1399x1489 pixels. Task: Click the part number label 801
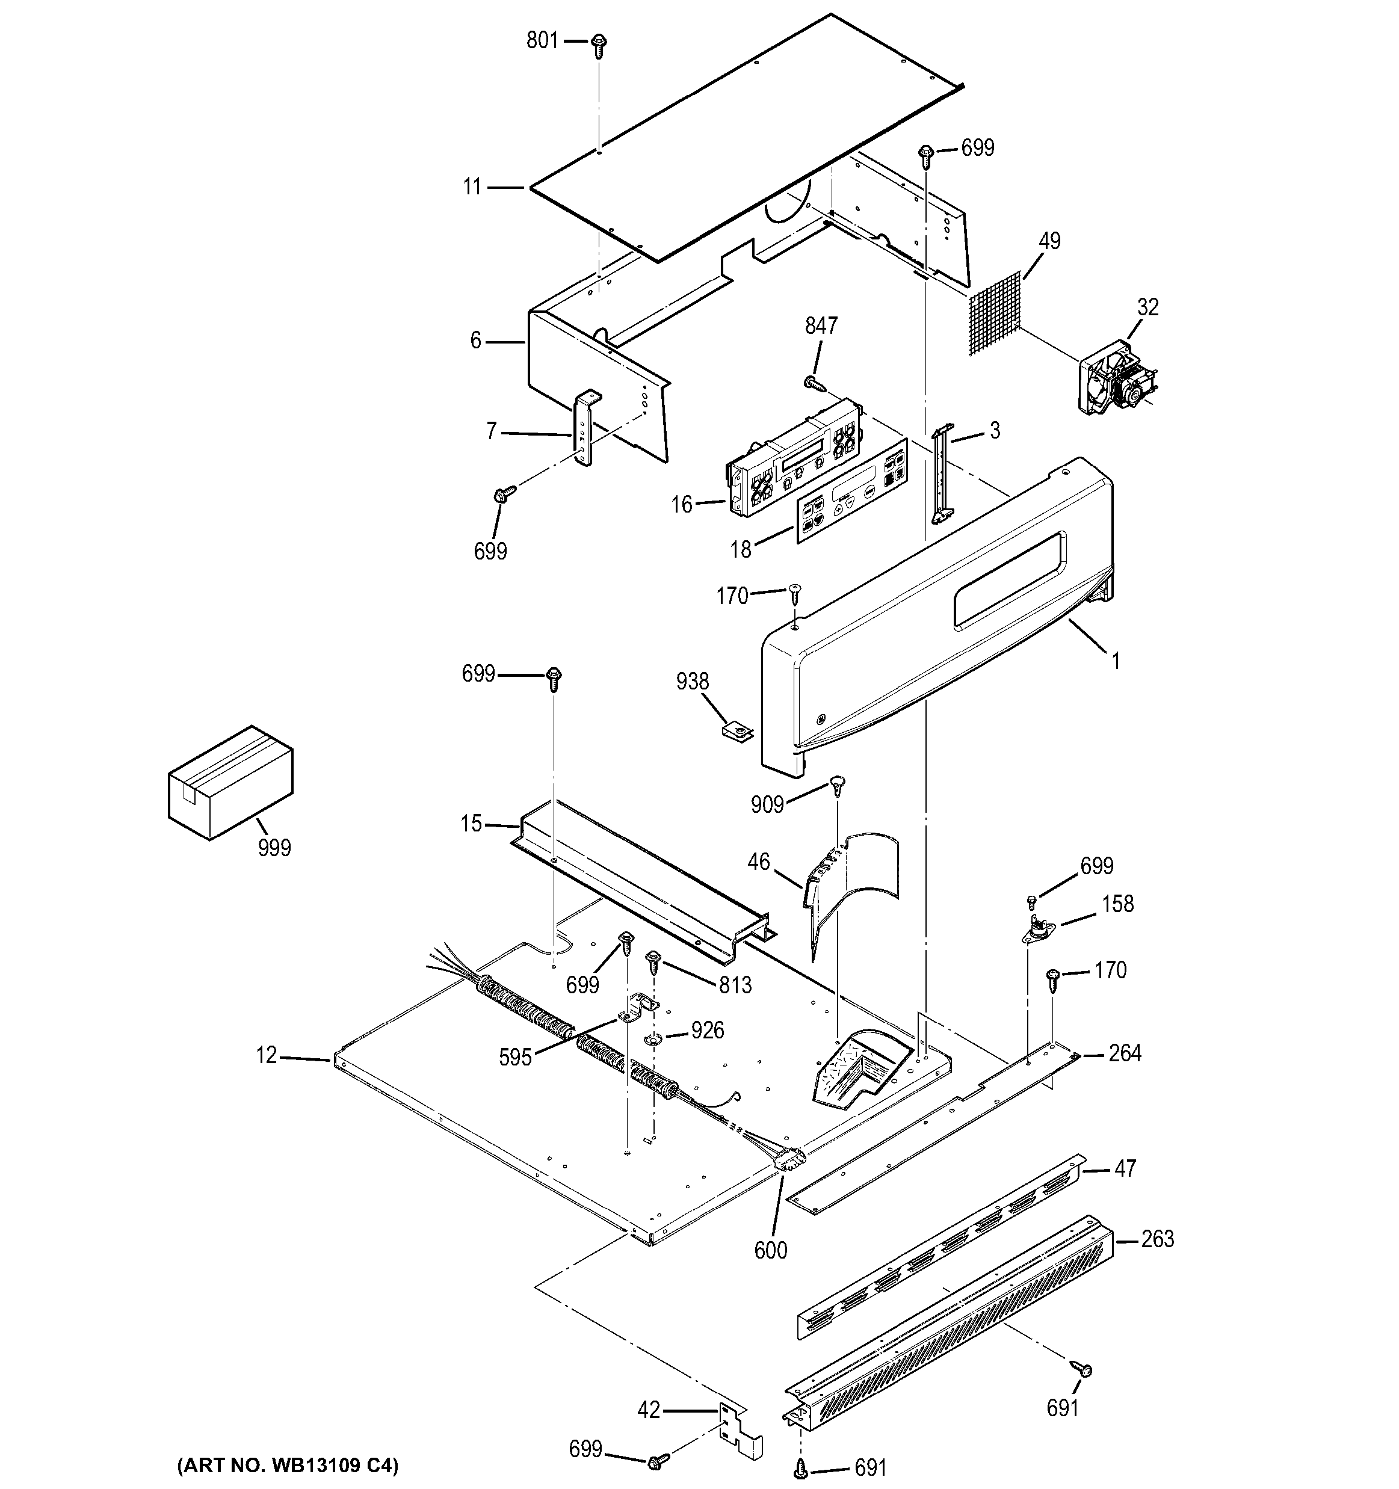(542, 40)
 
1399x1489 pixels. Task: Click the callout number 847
(821, 326)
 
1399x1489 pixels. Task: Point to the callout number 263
(1157, 1239)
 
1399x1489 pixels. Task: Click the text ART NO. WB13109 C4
(288, 1464)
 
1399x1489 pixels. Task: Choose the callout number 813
(735, 985)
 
